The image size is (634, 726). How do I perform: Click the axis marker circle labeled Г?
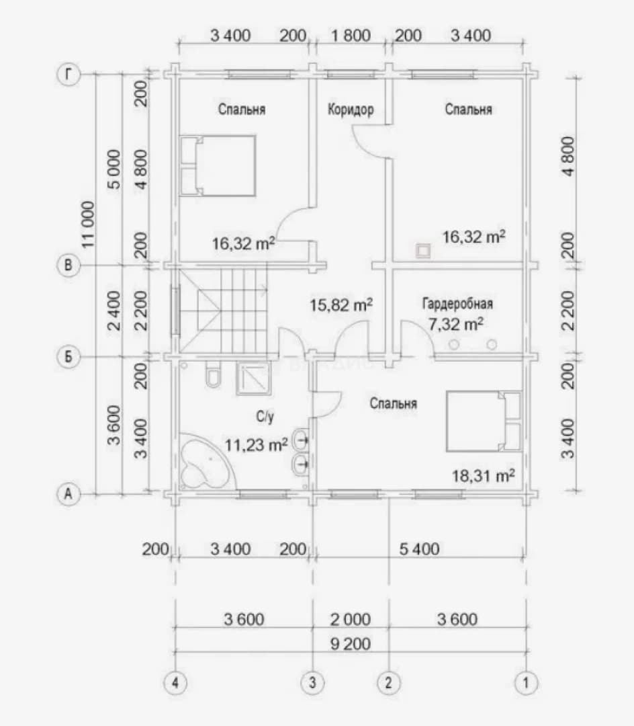(x=69, y=74)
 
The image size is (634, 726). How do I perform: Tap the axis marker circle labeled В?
(x=69, y=266)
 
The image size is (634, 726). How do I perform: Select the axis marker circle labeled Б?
(x=69, y=357)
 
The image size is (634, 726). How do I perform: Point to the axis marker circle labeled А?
(x=69, y=494)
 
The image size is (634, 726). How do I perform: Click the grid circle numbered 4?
(x=175, y=682)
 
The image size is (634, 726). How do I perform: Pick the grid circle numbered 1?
(x=526, y=682)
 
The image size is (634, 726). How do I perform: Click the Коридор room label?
(x=351, y=110)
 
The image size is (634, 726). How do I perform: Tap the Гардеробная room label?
(x=457, y=304)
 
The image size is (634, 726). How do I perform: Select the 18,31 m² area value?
(x=484, y=475)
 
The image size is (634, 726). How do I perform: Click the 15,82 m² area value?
(x=341, y=305)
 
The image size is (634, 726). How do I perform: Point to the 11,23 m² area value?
(x=256, y=445)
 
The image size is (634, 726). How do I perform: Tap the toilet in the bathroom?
(x=213, y=374)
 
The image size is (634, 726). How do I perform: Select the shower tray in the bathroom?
(x=253, y=378)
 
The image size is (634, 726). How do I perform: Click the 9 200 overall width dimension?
(x=351, y=643)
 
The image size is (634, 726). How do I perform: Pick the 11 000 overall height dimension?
(x=88, y=224)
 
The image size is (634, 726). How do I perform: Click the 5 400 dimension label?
(x=419, y=549)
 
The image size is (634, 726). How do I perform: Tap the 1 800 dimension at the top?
(x=351, y=36)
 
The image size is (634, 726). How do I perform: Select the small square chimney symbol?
(x=423, y=251)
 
